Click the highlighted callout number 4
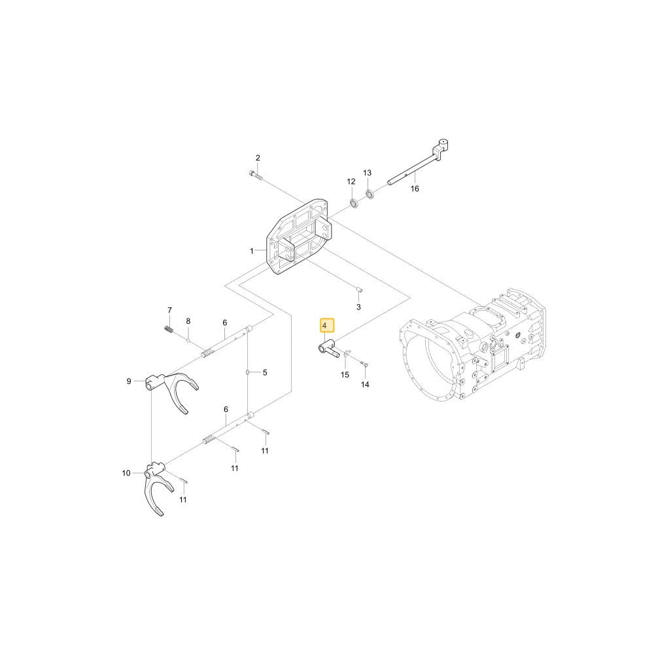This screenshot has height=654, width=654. (x=326, y=325)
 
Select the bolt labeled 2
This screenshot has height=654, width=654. (x=255, y=175)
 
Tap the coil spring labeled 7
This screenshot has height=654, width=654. (x=169, y=329)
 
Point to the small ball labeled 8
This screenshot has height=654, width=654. (x=188, y=340)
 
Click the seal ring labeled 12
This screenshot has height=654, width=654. (x=354, y=204)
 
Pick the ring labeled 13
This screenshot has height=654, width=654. (x=369, y=194)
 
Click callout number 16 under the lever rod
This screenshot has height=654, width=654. (x=415, y=188)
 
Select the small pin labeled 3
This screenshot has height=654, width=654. (x=359, y=290)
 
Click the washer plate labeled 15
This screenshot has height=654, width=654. (x=347, y=354)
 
